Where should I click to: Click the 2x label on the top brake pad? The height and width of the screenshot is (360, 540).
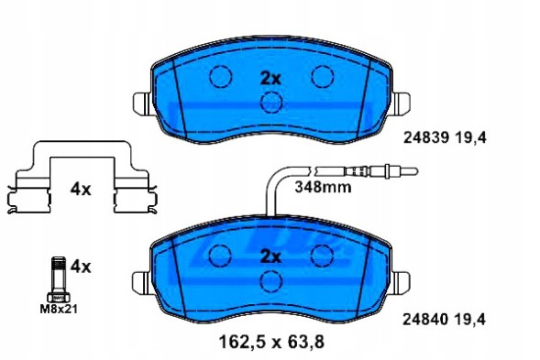click(x=270, y=78)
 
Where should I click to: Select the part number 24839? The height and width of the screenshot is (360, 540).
click(x=424, y=138)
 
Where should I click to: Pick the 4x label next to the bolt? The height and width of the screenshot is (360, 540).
click(x=82, y=267)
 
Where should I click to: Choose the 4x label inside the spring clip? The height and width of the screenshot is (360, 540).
click(x=82, y=190)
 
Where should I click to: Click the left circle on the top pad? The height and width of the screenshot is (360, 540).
click(x=218, y=77)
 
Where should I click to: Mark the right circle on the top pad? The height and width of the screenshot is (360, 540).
click(x=322, y=77)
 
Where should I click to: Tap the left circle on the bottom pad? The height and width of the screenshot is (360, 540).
click(x=218, y=256)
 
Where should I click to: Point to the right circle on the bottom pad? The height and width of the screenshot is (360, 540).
click(x=322, y=256)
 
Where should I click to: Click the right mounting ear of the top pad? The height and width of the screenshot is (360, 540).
click(x=400, y=104)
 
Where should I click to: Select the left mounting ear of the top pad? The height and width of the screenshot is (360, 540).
click(x=140, y=104)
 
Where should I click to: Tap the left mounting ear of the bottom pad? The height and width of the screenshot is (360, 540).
click(x=140, y=282)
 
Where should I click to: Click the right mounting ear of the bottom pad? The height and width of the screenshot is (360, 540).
click(x=400, y=282)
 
